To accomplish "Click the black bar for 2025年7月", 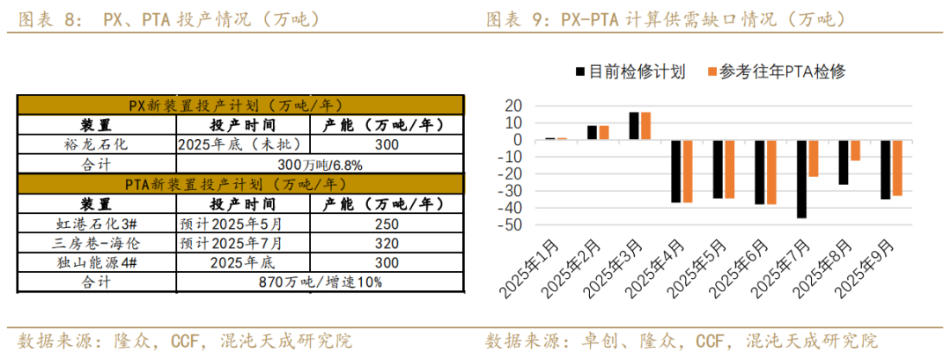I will pyautogui.click(x=802, y=179).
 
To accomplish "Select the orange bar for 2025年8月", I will pyautogui.click(x=855, y=150).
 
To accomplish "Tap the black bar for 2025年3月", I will pyautogui.click(x=634, y=126).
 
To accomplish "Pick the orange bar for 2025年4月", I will pyautogui.click(x=687, y=171).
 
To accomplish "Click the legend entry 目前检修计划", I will pyautogui.click(x=630, y=72).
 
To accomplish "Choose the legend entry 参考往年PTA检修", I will pyautogui.click(x=775, y=72).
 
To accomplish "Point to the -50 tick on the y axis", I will pyautogui.click(x=511, y=225).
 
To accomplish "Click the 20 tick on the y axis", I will pyautogui.click(x=512, y=106).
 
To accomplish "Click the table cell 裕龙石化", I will pyautogui.click(x=96, y=144).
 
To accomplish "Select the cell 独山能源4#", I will pyautogui.click(x=96, y=262).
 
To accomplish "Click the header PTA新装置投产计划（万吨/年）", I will pyautogui.click(x=240, y=184).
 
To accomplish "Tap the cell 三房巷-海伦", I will pyautogui.click(x=96, y=243).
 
